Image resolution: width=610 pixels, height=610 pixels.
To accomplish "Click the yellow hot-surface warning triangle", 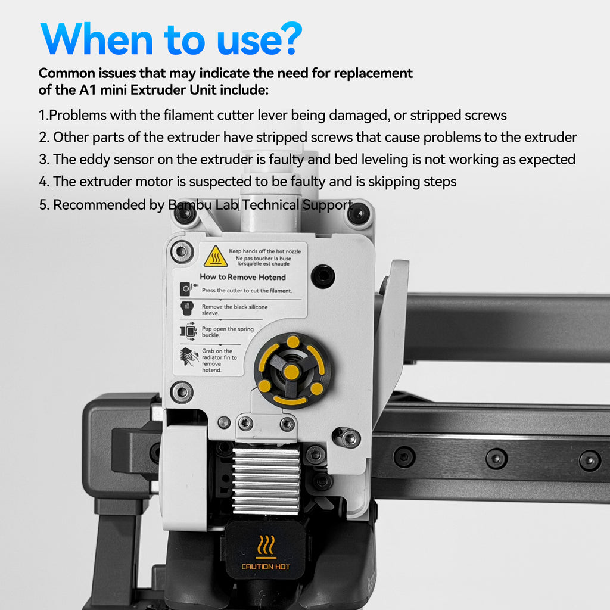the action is (216, 256).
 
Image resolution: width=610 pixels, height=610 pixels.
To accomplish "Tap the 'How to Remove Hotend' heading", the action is (243, 277).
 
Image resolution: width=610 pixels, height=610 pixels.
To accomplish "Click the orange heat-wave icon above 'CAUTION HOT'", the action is (266, 546).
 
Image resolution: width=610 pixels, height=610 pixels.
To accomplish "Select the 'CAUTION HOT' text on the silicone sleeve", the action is (266, 567).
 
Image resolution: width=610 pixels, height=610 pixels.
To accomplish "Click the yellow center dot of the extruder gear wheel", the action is (291, 372).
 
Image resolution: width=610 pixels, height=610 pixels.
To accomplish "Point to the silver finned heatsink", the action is (266, 481).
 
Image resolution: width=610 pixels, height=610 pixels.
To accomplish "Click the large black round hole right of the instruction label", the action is (323, 276).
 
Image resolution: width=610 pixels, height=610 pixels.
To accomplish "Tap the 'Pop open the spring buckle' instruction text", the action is (228, 332).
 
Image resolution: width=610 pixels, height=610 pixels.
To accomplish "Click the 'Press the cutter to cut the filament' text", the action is (247, 291).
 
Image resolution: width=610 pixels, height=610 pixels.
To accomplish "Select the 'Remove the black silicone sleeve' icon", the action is (187, 309).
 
